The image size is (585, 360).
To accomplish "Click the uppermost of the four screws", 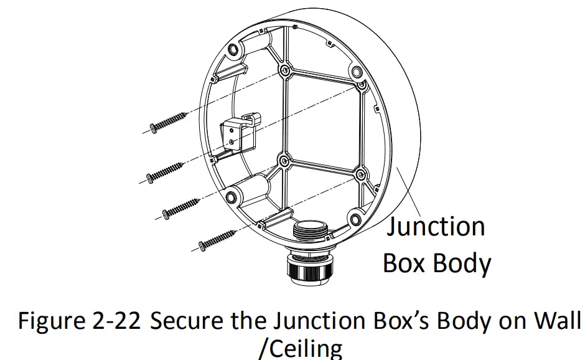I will tap(167, 121).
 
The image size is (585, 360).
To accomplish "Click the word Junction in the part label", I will tap(436, 225).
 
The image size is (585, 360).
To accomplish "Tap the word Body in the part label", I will tap(462, 263).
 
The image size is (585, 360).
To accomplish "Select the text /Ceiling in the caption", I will tap(299, 347).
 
